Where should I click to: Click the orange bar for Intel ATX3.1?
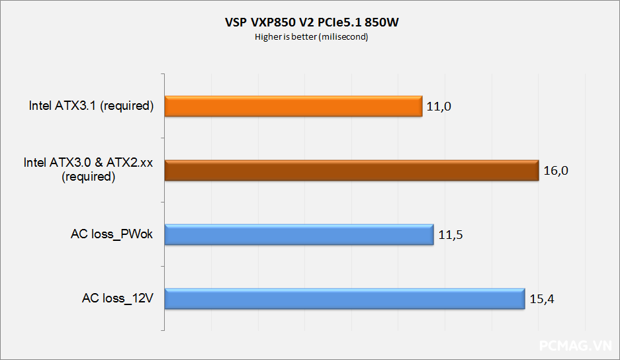click(293, 107)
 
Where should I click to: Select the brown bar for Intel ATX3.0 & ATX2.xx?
click(351, 171)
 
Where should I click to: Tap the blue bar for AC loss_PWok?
click(298, 234)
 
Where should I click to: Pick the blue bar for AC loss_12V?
click(344, 298)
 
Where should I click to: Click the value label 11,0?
click(439, 107)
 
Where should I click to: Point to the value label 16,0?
click(556, 171)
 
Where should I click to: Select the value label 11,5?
click(450, 234)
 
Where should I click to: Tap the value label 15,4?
click(541, 298)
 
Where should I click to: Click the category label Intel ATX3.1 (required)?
click(91, 106)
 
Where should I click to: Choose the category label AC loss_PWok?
click(112, 234)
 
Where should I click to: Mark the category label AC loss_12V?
click(118, 298)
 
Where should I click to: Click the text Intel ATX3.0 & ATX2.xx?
click(88, 164)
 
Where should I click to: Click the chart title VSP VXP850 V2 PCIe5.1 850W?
click(311, 23)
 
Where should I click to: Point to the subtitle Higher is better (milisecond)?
click(311, 37)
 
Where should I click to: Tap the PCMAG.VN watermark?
click(576, 347)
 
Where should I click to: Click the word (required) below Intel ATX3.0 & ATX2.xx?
click(88, 177)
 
